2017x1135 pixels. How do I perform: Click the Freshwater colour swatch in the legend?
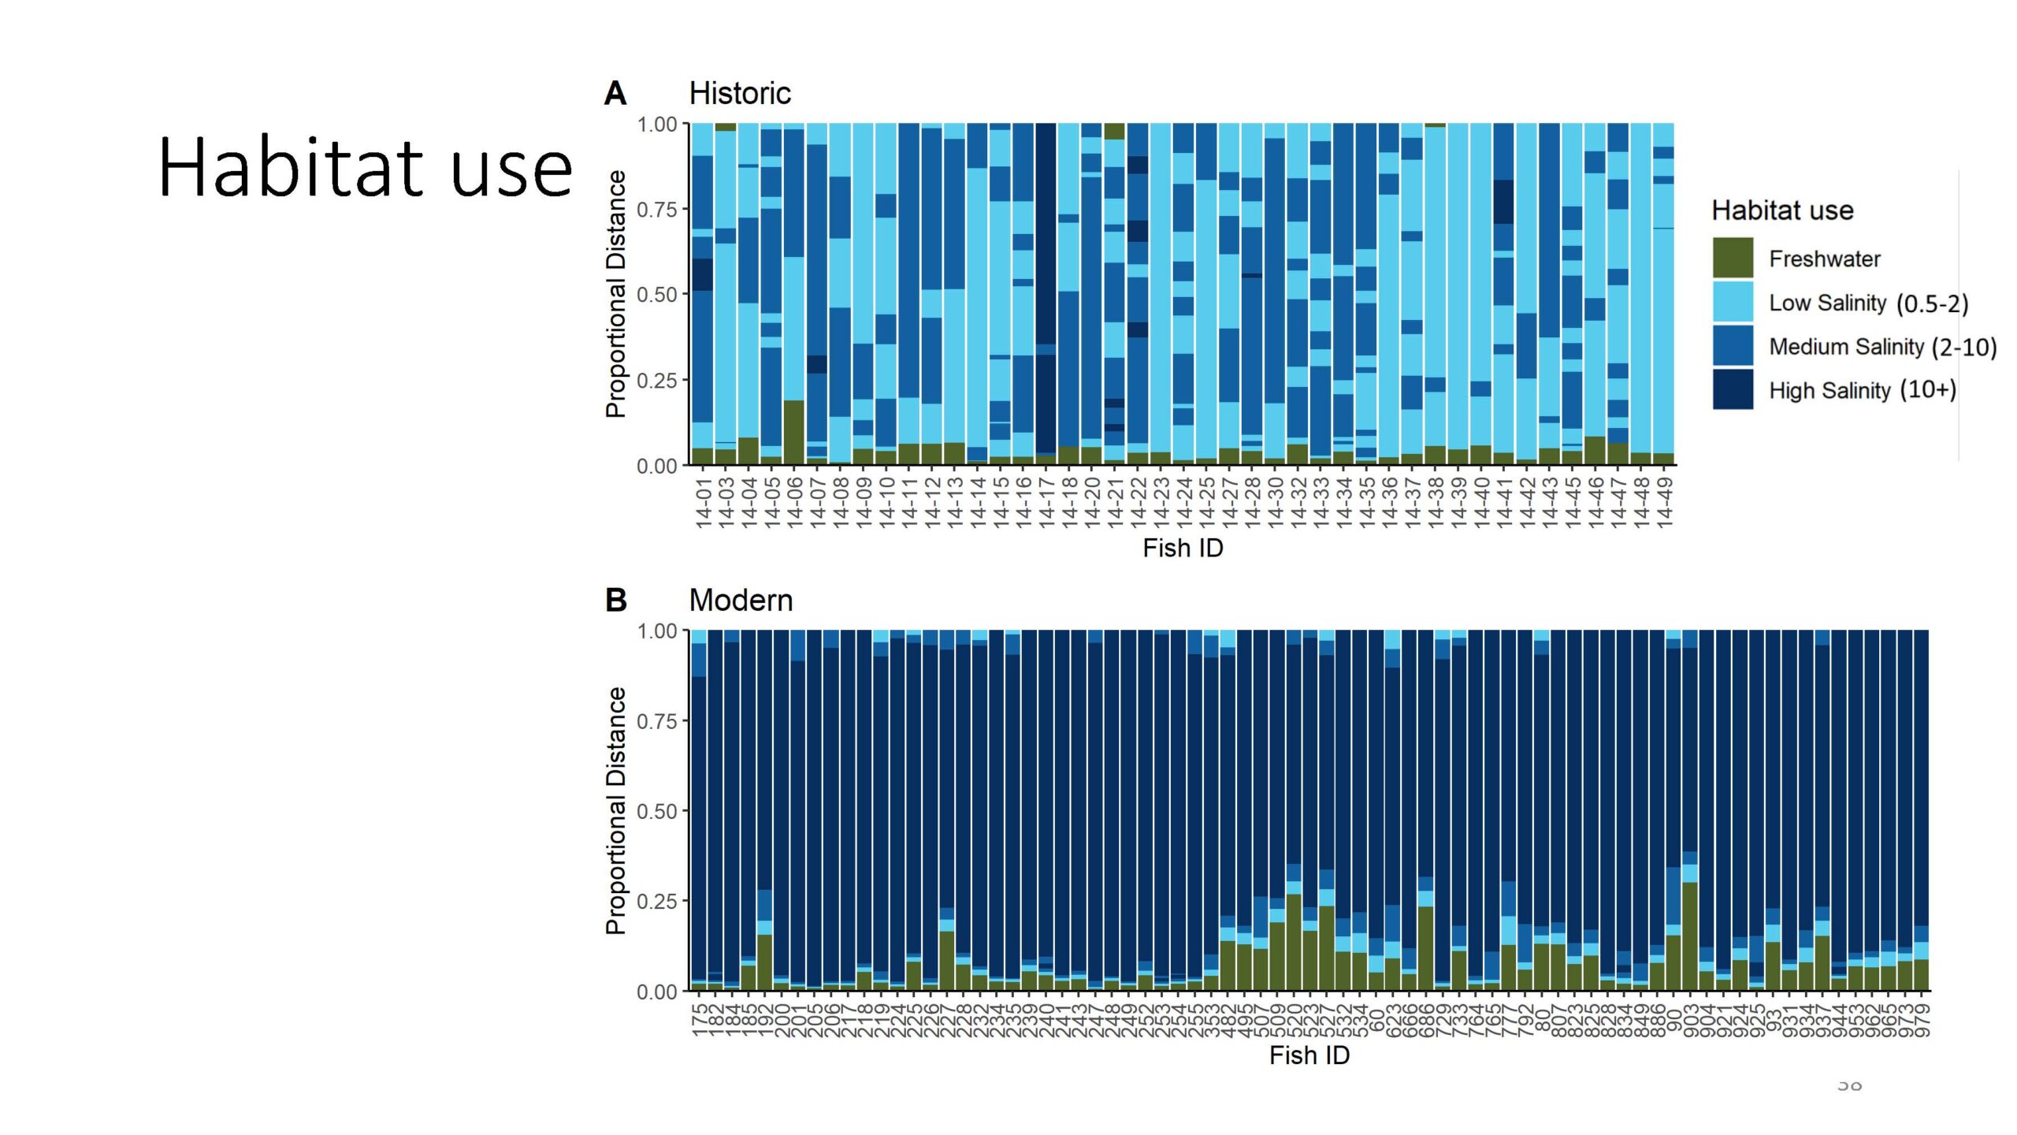1732,258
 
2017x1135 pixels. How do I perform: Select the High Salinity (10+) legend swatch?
1732,389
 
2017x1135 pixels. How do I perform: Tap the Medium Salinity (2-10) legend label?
1882,347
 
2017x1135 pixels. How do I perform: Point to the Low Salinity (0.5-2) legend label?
1868,303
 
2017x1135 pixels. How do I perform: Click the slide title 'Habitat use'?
365,167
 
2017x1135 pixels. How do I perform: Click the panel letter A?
615,94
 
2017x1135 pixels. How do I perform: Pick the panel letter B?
615,601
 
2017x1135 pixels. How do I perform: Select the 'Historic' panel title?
739,94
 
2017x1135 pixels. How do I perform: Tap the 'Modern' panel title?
741,601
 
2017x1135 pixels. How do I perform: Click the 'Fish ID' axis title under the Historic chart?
1183,548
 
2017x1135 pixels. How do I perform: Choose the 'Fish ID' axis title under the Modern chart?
1309,1055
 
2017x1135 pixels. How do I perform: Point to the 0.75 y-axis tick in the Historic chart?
656,210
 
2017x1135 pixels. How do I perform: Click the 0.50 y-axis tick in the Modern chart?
656,811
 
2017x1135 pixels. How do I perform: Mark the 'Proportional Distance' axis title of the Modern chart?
615,810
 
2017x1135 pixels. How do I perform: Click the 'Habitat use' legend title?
1782,210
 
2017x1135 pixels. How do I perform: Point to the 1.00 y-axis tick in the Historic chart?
656,125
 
